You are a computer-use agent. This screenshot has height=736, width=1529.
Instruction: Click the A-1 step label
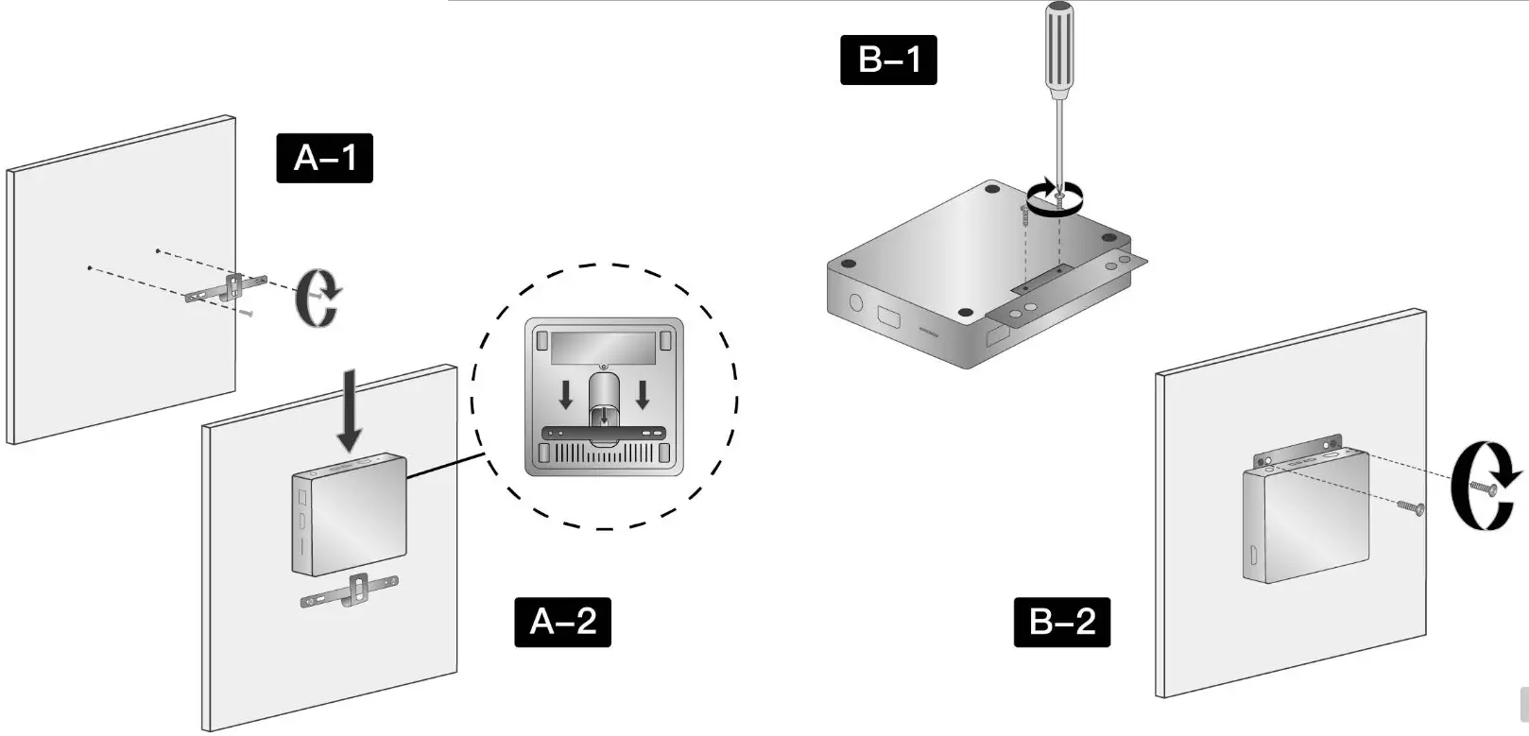pyautogui.click(x=324, y=158)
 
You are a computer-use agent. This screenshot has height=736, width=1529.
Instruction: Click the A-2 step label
pyautogui.click(x=562, y=622)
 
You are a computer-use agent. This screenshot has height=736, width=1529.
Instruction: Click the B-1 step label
pyautogui.click(x=888, y=60)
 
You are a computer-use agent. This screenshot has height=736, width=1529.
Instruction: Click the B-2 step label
pyautogui.click(x=1061, y=622)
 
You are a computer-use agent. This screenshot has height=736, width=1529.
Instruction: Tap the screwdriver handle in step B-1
pyautogui.click(x=1058, y=47)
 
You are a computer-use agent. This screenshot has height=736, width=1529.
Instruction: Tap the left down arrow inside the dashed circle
pyautogui.click(x=565, y=394)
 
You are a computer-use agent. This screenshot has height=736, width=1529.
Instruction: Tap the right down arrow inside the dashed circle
pyautogui.click(x=643, y=394)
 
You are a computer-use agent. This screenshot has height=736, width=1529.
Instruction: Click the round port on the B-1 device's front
pyautogui.click(x=856, y=303)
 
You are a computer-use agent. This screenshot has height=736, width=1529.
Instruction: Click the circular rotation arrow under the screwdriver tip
pyautogui.click(x=1056, y=199)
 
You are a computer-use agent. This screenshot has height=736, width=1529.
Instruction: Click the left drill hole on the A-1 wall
pyautogui.click(x=89, y=268)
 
